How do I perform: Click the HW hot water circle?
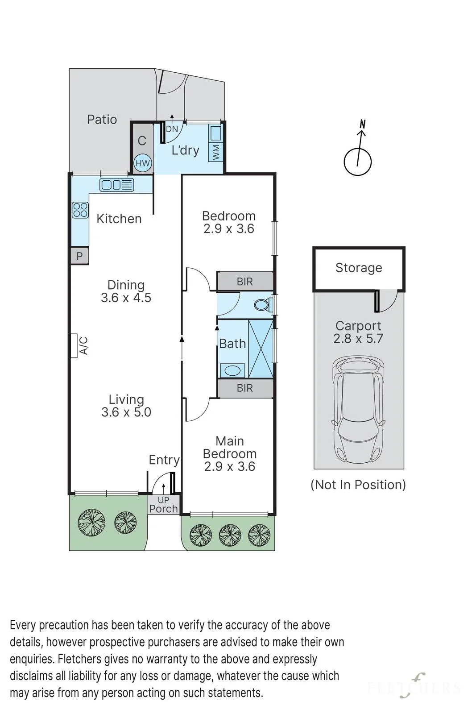pyautogui.click(x=143, y=163)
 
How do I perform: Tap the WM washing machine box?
pyautogui.click(x=216, y=152)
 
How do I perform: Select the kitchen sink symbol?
pyautogui.click(x=116, y=185)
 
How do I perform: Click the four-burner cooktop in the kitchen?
pyautogui.click(x=80, y=210)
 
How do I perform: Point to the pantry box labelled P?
pyautogui.click(x=79, y=256)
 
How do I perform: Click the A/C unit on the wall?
pyautogui.click(x=74, y=346)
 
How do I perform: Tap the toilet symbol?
pyautogui.click(x=264, y=304)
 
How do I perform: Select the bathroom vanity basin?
pyautogui.click(x=232, y=371)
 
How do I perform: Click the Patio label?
pyautogui.click(x=102, y=120)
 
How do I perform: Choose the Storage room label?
pyautogui.click(x=359, y=268)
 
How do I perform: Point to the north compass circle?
pyautogui.click(x=358, y=162)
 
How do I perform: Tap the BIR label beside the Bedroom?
pyautogui.click(x=244, y=282)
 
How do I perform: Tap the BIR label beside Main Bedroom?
pyautogui.click(x=244, y=388)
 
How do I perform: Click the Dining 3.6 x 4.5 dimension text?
pyautogui.click(x=126, y=291)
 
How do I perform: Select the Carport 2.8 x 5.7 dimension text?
pyautogui.click(x=358, y=332)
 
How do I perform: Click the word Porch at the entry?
pyautogui.click(x=163, y=509)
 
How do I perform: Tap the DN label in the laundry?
pyautogui.click(x=172, y=129)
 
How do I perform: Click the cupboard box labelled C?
pyautogui.click(x=142, y=141)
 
